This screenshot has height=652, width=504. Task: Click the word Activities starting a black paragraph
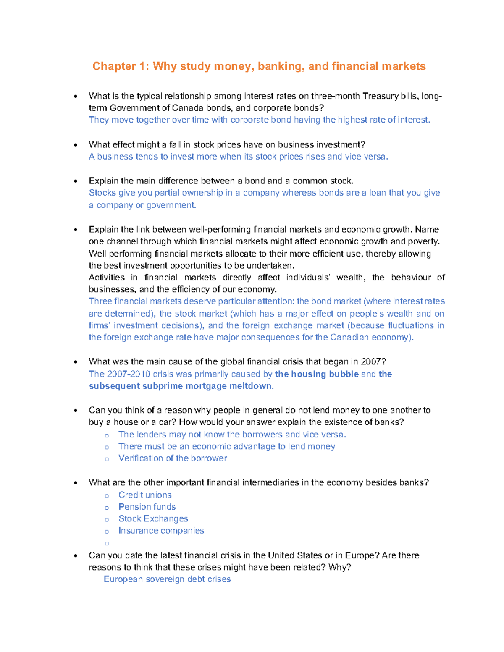tap(107, 278)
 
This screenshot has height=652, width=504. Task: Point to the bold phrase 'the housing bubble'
tap(317, 374)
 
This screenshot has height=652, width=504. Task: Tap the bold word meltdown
tap(251, 386)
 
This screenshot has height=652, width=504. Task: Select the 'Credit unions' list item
tap(145, 495)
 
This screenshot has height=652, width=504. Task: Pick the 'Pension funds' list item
tap(147, 507)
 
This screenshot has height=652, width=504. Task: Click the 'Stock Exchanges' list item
tap(153, 519)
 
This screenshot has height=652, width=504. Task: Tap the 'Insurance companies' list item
tap(161, 531)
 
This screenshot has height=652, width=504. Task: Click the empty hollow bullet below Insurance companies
tap(107, 544)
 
